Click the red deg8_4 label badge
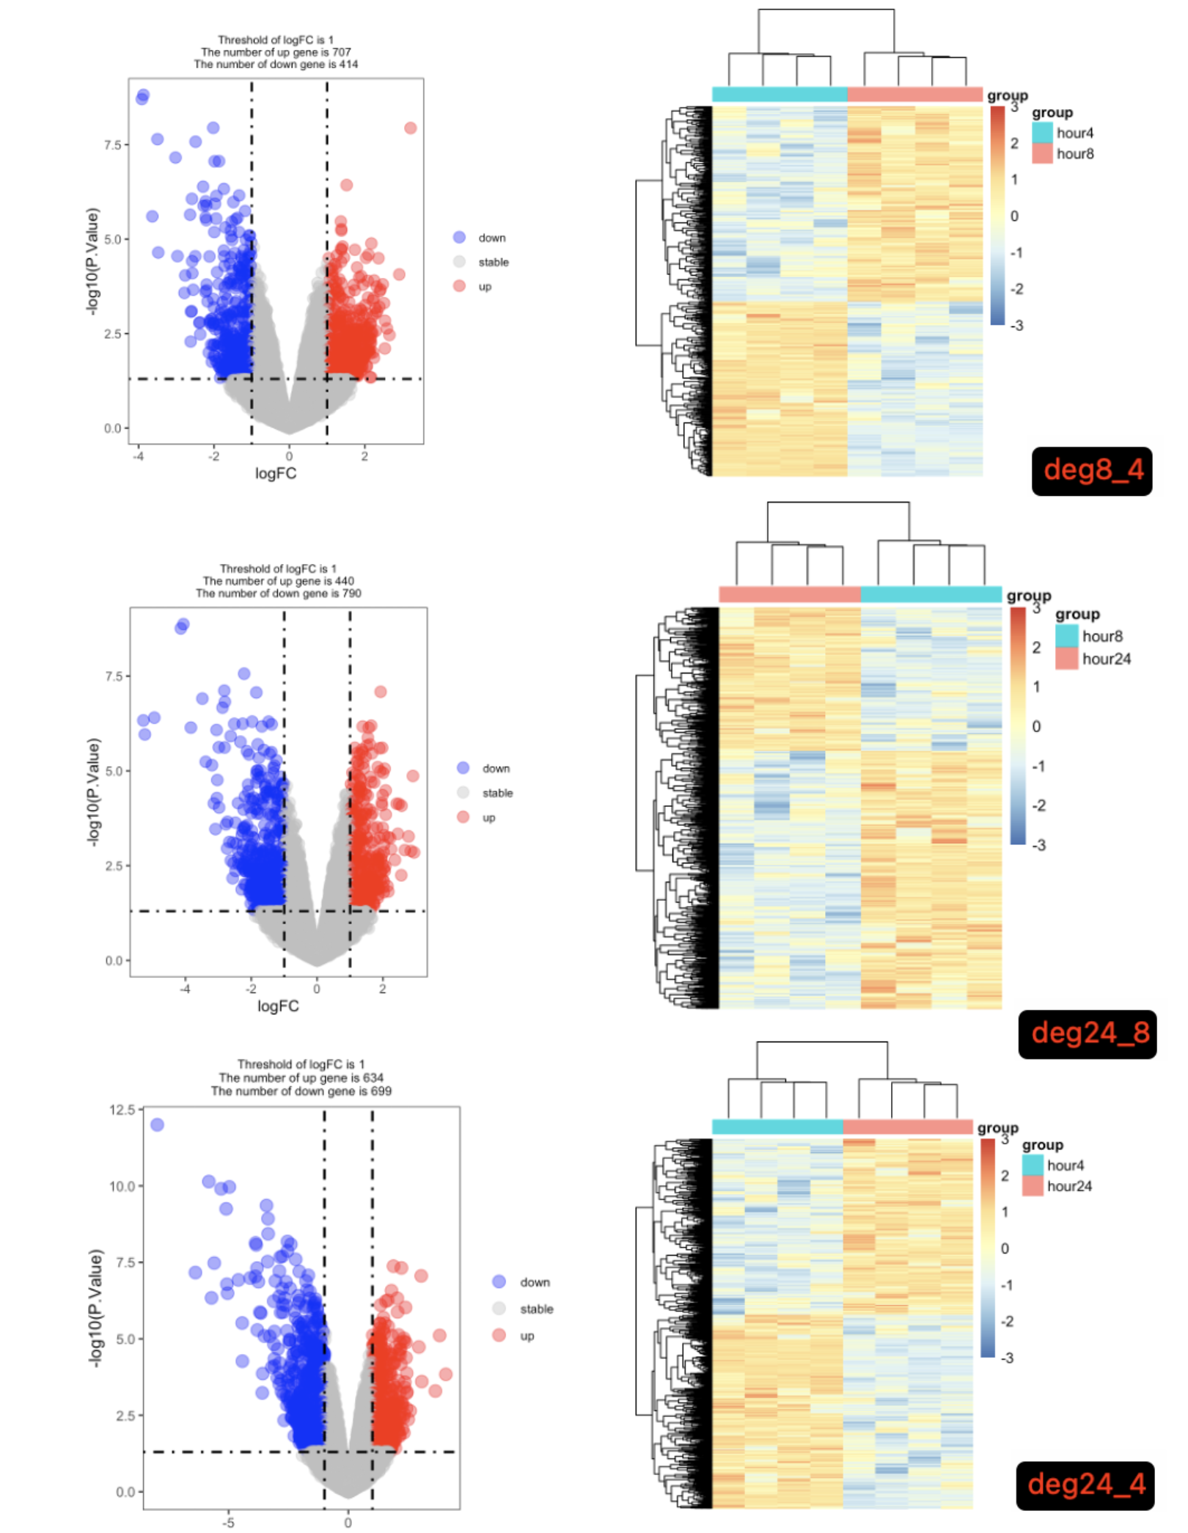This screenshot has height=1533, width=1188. click(1092, 471)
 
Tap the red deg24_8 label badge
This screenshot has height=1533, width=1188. click(1088, 1033)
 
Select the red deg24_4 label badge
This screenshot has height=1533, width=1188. click(1085, 1485)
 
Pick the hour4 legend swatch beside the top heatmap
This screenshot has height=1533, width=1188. click(1042, 133)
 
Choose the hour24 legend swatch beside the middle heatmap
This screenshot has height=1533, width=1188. click(1067, 659)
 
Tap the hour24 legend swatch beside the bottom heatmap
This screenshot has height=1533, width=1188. click(1033, 1186)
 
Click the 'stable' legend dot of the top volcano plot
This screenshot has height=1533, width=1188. click(460, 262)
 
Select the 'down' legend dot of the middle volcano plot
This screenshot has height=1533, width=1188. click(463, 768)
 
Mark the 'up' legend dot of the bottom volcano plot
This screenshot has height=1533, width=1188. click(499, 1336)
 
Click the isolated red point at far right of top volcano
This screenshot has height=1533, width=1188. click(411, 128)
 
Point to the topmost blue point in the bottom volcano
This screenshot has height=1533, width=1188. click(157, 1124)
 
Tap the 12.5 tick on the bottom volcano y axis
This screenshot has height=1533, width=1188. click(122, 1110)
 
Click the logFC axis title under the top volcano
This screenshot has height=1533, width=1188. click(276, 474)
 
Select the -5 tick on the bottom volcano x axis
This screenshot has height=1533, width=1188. click(228, 1523)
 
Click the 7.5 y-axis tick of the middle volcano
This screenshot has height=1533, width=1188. click(114, 676)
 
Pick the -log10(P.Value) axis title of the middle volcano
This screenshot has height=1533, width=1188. click(93, 792)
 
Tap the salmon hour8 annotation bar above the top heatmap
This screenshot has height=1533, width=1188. click(914, 95)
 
